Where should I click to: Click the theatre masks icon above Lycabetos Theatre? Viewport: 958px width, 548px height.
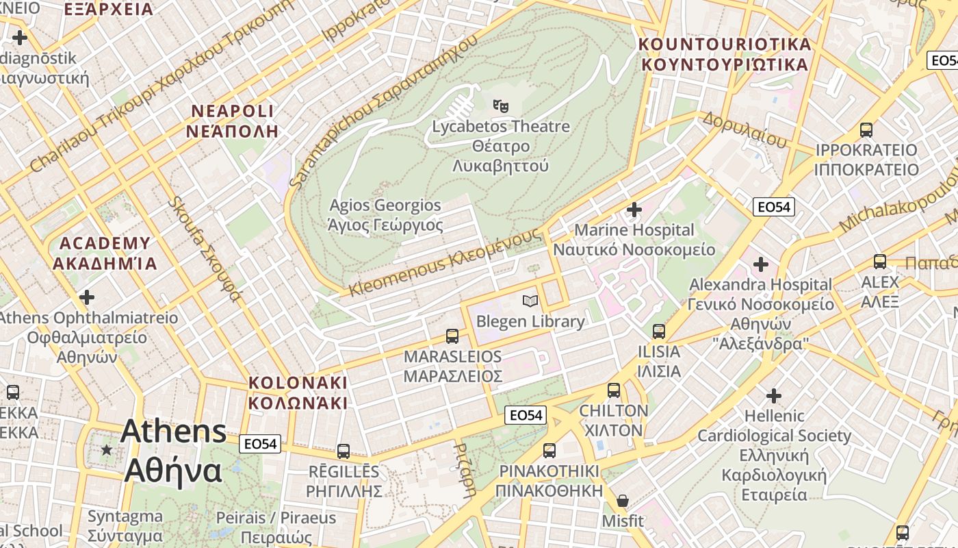pos(501,106)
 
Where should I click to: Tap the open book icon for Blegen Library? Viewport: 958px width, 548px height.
pos(530,301)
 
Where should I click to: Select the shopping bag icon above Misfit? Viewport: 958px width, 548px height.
pos(622,501)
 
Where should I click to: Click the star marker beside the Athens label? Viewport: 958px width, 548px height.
pos(107,450)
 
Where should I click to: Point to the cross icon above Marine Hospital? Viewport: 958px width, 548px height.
pos(634,209)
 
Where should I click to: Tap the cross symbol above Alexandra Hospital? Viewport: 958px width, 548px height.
pos(760,264)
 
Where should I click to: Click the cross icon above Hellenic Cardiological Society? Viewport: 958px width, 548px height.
pos(773,395)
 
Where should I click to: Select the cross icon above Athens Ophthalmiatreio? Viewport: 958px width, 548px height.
pos(87,297)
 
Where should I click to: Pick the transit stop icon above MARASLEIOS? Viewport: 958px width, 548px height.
pos(452,336)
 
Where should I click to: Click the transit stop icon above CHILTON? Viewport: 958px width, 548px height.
pos(614,390)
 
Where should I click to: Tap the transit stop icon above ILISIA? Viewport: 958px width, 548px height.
pos(658,332)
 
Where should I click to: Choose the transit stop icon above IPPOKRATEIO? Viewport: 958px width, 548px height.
pos(866,129)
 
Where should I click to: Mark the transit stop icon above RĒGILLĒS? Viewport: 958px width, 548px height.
pos(344,451)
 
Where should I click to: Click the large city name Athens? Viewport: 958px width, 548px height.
pos(174,432)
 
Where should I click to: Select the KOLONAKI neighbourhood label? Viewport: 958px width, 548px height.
pos(298,383)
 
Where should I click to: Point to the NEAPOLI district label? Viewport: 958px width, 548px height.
pos(233,112)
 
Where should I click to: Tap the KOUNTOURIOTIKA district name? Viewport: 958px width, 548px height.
pos(724,45)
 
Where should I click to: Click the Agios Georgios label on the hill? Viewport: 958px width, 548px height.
pos(385,206)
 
